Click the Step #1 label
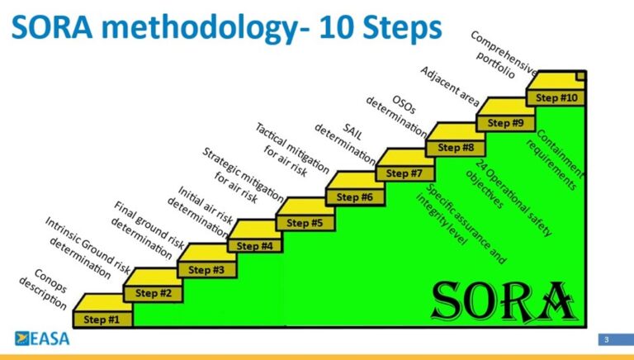pos(102,320)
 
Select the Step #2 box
pos(154,294)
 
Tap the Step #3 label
pos(206,270)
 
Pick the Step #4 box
pos(255,245)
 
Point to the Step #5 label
pos(305,223)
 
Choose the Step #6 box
pos(355,197)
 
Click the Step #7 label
pos(404,173)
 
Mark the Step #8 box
pos(456,148)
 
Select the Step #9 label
pos(505,123)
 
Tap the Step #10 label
pos(556,98)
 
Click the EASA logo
pos(42,339)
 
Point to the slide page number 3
pos(606,340)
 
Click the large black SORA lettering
pos(504,301)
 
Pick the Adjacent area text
pos(450,86)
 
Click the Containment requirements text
pos(556,160)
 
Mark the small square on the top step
pos(580,76)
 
